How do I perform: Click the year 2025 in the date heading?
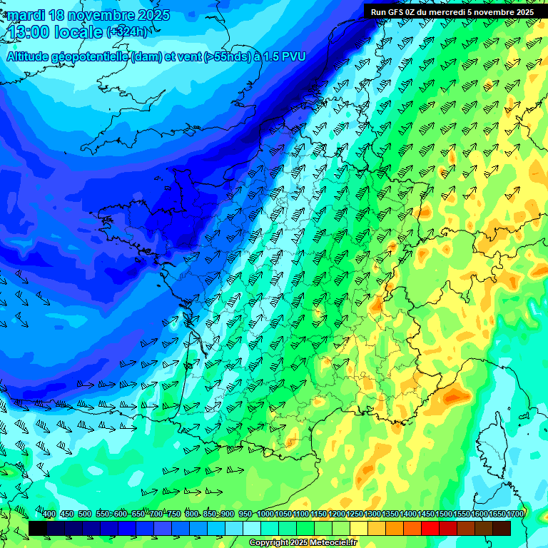tap(153, 15)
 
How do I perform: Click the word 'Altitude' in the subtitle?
tap(32, 56)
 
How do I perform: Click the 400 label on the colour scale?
tap(49, 514)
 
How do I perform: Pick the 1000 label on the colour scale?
tap(265, 514)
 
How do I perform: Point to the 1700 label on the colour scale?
tap(515, 514)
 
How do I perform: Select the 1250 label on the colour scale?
tap(355, 514)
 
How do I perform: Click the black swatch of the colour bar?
tap(38, 528)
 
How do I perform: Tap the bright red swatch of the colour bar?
tap(430, 528)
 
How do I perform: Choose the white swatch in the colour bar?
tap(252, 528)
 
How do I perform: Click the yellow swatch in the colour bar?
tap(359, 528)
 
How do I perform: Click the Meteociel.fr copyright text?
tap(303, 543)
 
